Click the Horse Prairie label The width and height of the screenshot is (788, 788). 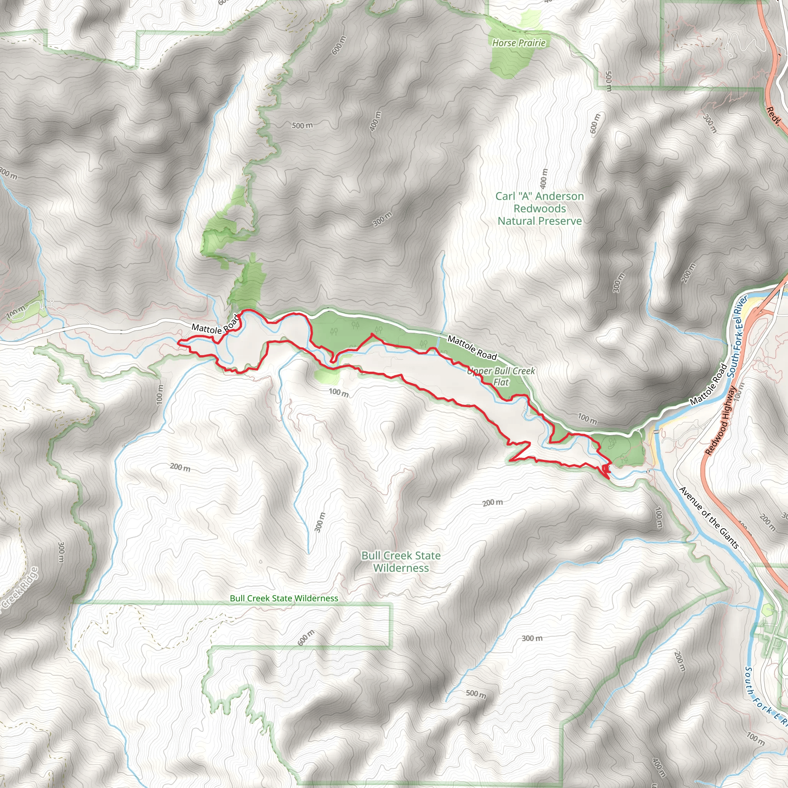click(x=518, y=43)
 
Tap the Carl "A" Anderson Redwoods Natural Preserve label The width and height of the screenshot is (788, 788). click(x=539, y=209)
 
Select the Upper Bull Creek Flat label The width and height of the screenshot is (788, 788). click(x=501, y=376)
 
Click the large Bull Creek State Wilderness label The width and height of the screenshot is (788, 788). click(x=401, y=562)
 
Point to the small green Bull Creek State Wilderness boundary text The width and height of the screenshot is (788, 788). click(x=284, y=598)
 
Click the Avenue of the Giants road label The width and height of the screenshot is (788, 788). click(x=709, y=518)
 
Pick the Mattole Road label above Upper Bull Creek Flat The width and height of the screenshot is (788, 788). click(x=472, y=347)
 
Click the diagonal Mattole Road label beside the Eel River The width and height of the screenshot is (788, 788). click(x=708, y=384)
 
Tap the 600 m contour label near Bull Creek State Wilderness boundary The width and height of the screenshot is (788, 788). click(x=306, y=638)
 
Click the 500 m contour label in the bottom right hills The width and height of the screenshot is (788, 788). click(x=476, y=694)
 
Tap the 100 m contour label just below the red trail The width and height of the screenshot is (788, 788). click(x=339, y=393)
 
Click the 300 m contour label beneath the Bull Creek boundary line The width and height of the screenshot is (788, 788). click(x=532, y=638)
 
